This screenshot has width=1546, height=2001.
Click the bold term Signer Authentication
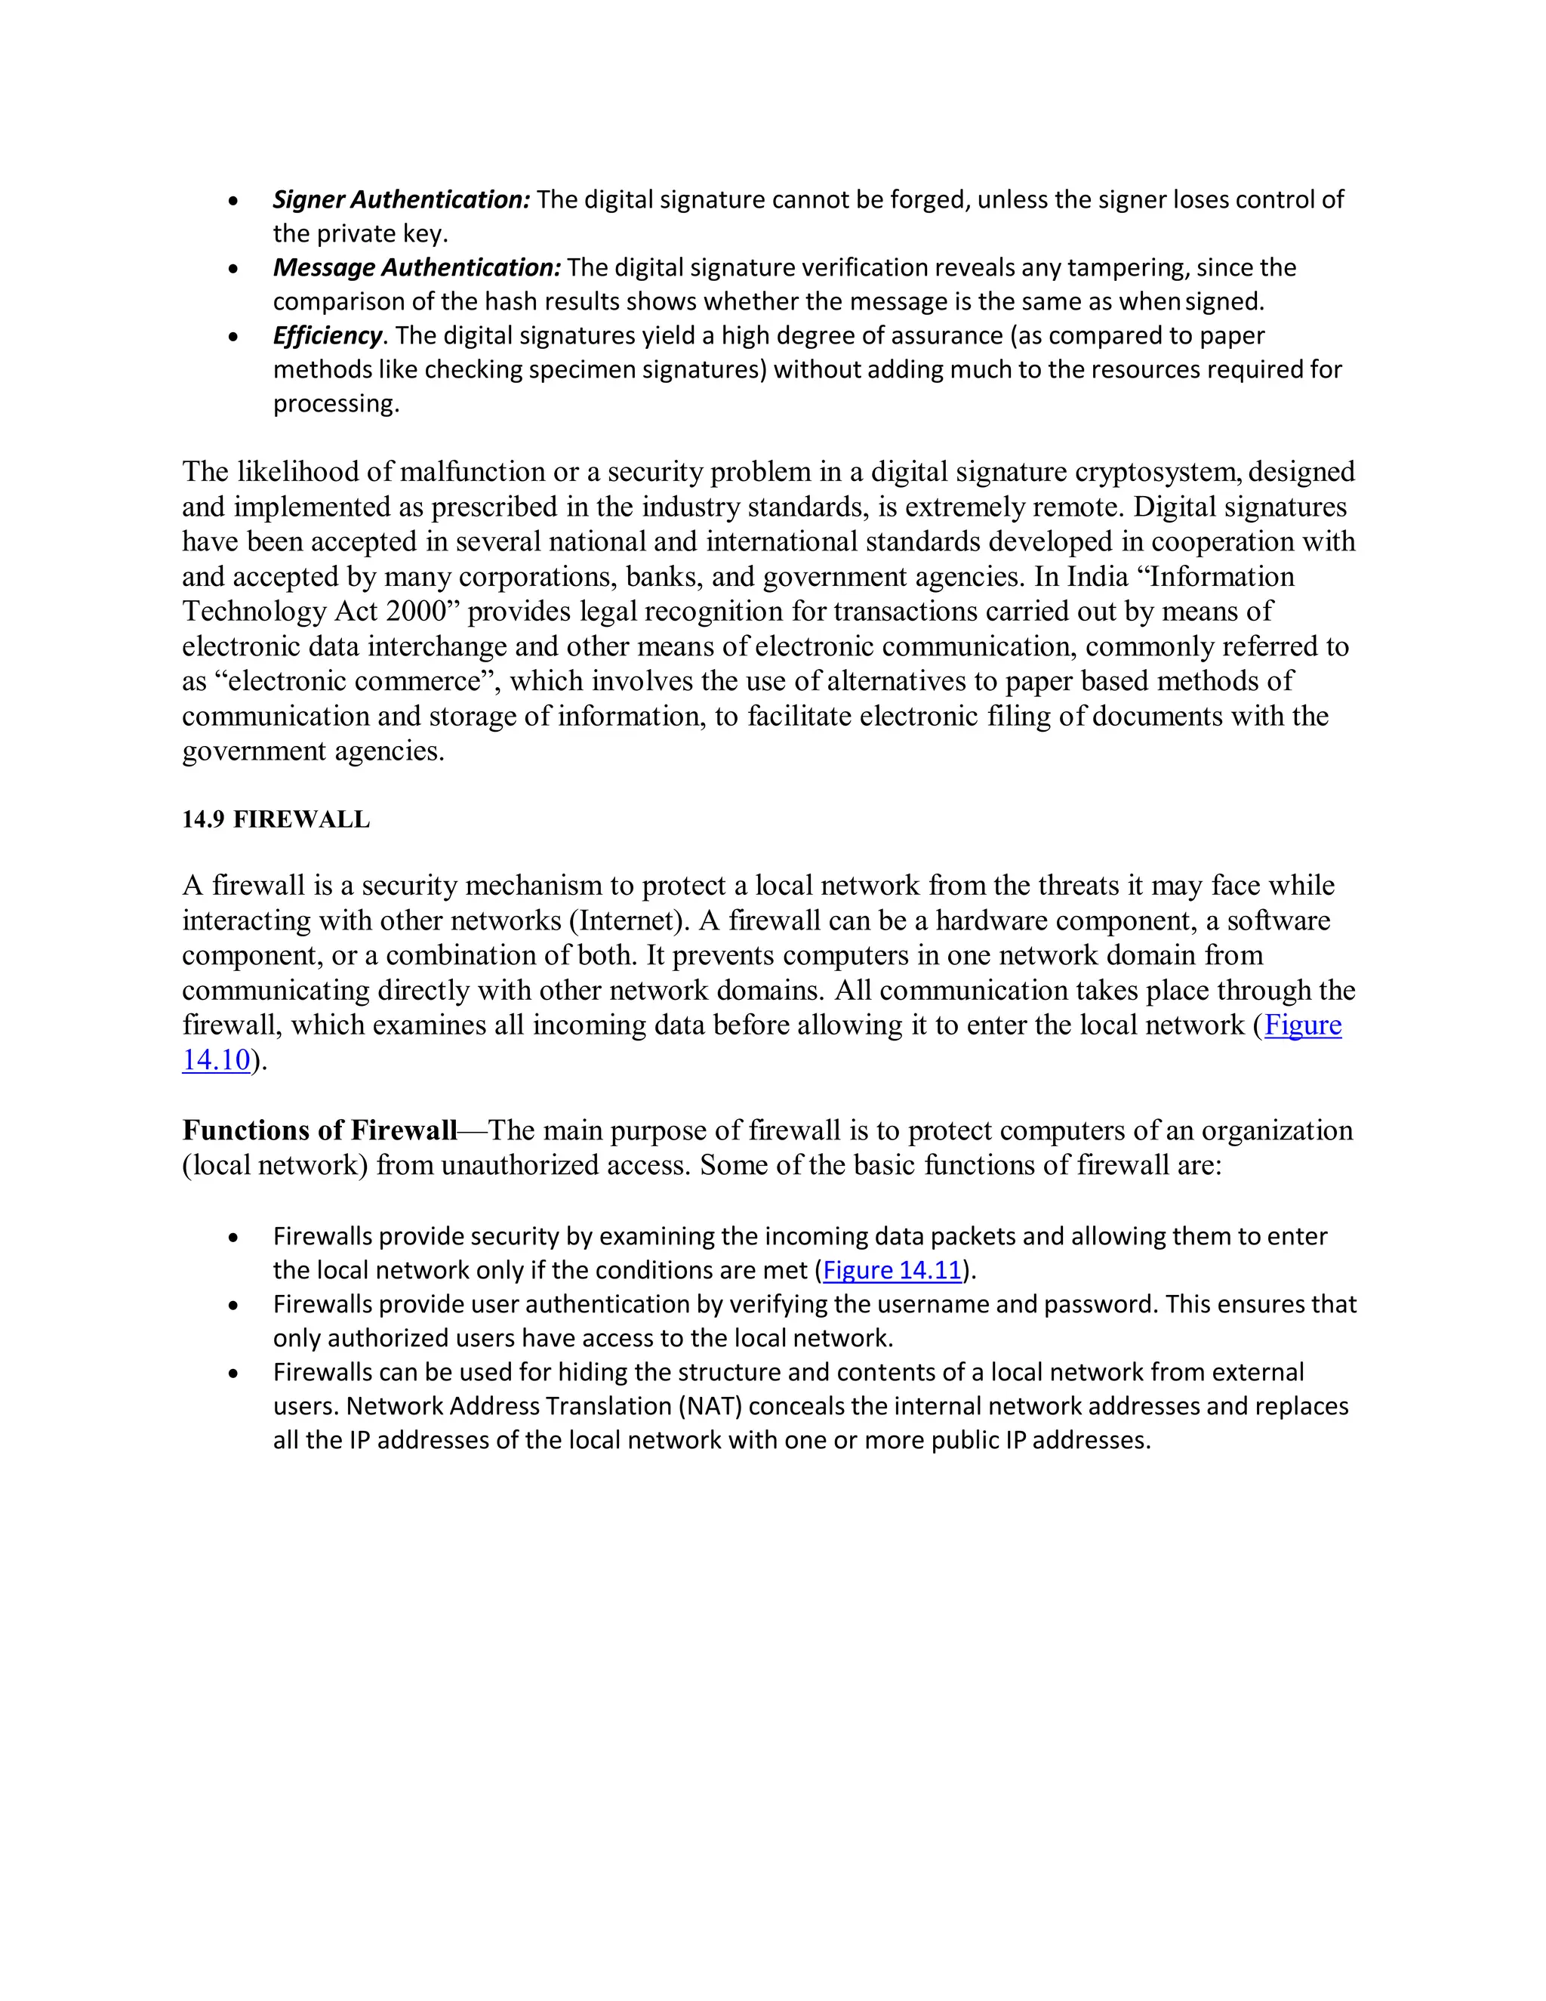coord(401,200)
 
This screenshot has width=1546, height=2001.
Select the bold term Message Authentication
coord(417,267)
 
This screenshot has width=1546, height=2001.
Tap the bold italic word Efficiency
coord(327,335)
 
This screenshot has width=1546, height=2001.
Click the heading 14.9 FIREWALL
coord(276,819)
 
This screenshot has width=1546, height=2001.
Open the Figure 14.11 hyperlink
coord(892,1270)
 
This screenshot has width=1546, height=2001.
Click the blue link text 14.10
coord(216,1060)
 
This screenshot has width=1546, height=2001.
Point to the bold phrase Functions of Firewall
coord(319,1130)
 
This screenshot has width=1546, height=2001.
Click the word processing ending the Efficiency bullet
coord(336,404)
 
